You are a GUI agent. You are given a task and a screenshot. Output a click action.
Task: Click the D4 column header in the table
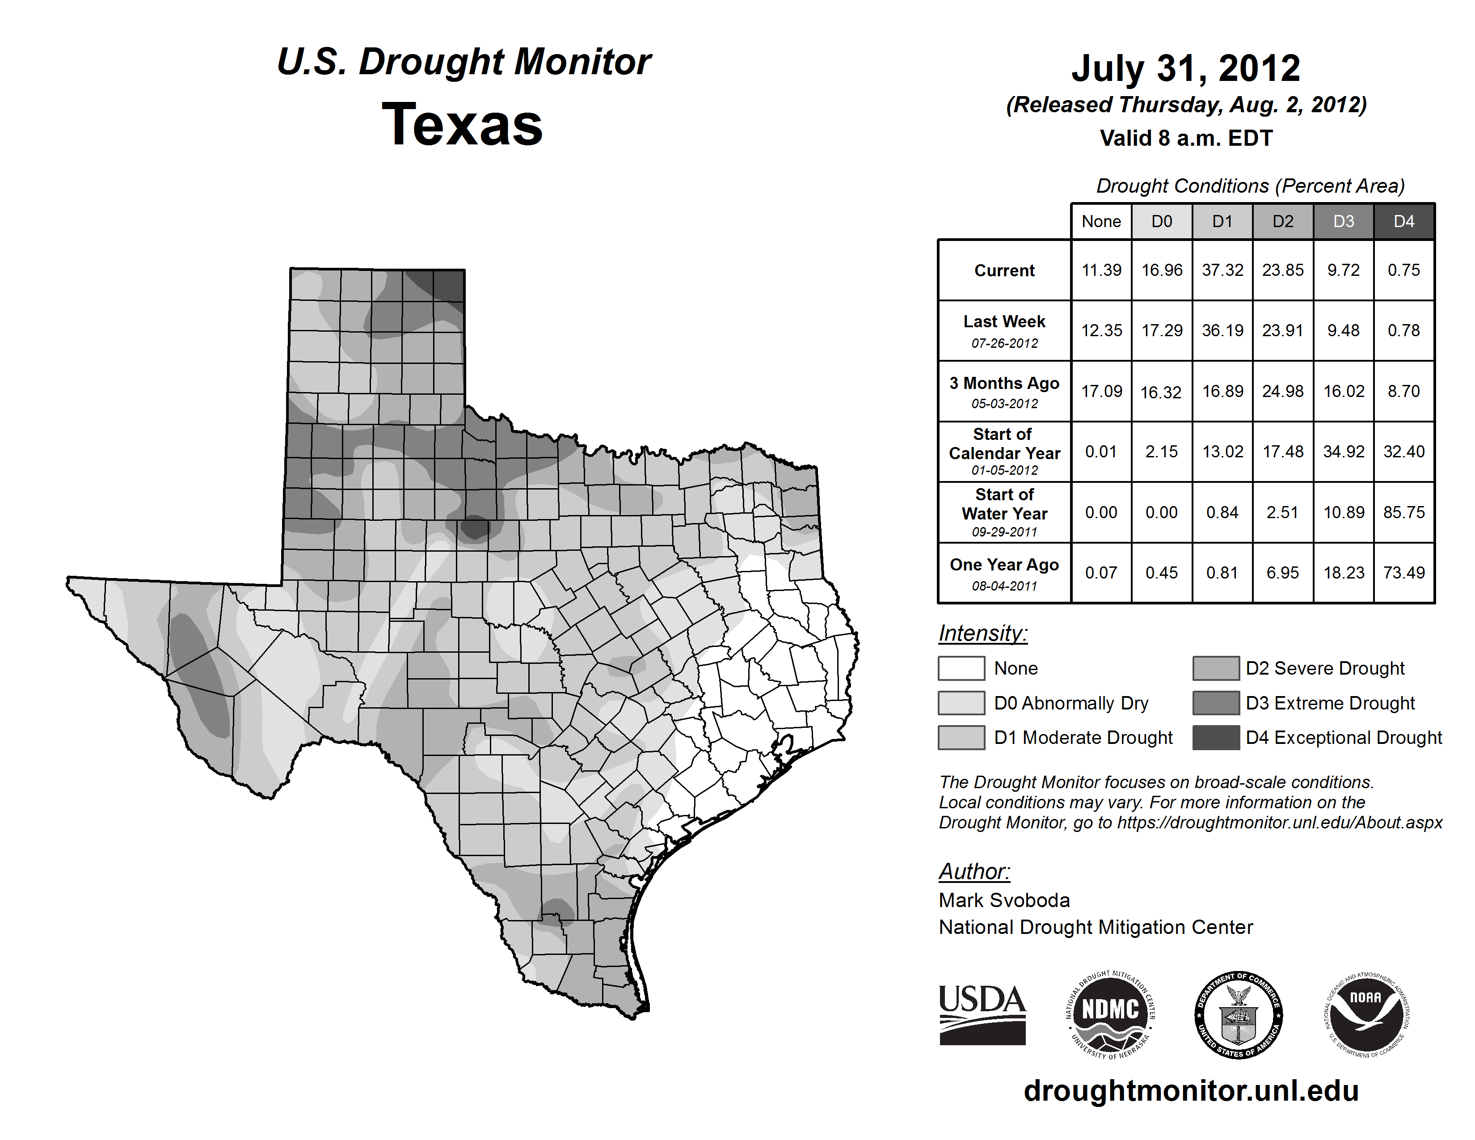point(1403,221)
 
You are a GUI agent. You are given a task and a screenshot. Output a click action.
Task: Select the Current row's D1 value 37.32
point(1222,270)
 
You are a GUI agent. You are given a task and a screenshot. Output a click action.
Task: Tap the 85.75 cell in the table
point(1403,513)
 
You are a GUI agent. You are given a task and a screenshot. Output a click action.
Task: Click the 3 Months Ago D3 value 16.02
point(1343,391)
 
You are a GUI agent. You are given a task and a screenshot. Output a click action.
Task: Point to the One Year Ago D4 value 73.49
point(1403,573)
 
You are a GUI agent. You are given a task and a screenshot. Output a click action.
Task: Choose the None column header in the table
point(1101,221)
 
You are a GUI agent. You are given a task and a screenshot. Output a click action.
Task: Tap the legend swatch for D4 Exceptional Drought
point(1216,738)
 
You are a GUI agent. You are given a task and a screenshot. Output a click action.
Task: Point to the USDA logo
point(982,1014)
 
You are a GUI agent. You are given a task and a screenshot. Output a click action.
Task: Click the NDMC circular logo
point(1110,1014)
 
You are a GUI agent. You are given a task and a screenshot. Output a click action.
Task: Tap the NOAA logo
point(1366,1014)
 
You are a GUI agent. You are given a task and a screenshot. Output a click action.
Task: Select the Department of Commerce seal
point(1239,1014)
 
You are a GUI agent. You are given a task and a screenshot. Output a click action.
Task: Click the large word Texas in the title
point(462,124)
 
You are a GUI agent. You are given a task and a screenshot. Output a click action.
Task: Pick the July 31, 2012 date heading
point(1185,68)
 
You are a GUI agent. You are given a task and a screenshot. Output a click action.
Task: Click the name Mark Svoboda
point(1004,900)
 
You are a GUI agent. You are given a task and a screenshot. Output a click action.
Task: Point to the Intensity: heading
point(982,633)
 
